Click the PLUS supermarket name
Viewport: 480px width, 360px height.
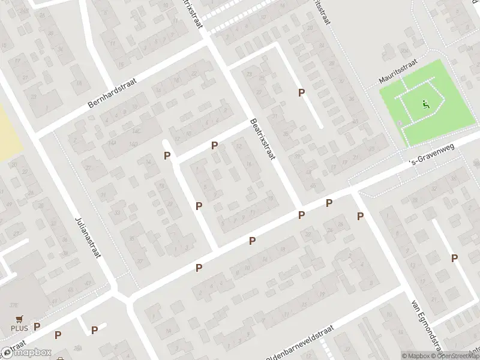pos(19,328)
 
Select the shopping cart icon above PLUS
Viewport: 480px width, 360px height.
pos(19,319)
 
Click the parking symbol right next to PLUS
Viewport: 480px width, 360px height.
pos(37,326)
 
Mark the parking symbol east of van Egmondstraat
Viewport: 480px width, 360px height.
pos(455,258)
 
